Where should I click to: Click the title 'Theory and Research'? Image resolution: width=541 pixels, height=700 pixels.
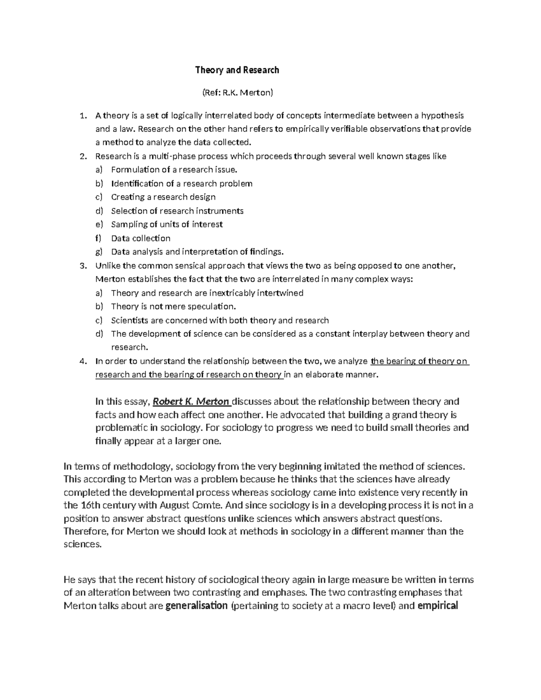click(237, 70)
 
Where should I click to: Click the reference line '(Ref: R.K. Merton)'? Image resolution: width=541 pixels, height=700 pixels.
click(237, 93)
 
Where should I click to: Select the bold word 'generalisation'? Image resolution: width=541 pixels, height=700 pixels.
click(197, 605)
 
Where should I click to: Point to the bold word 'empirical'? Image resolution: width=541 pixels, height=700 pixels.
click(438, 605)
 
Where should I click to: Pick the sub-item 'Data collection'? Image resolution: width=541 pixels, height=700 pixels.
click(141, 238)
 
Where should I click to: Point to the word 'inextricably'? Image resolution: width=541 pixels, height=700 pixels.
click(231, 293)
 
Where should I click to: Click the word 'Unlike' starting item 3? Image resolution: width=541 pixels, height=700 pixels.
click(108, 265)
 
